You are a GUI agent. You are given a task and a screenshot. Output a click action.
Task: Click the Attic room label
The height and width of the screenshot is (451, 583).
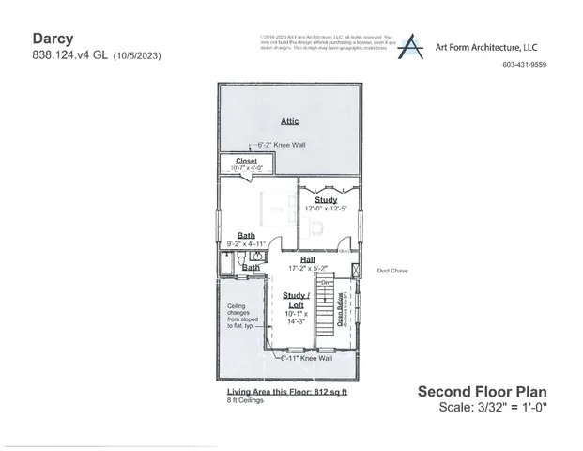pyautogui.click(x=289, y=120)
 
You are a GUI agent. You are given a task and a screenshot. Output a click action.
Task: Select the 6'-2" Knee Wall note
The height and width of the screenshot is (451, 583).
pyautogui.click(x=281, y=145)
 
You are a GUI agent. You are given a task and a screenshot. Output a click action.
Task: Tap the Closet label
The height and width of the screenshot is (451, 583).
pyautogui.click(x=246, y=161)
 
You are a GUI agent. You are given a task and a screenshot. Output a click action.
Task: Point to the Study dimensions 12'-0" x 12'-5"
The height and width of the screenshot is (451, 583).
pyautogui.click(x=325, y=208)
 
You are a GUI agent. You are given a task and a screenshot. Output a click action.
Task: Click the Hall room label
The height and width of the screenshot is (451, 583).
pyautogui.click(x=307, y=259)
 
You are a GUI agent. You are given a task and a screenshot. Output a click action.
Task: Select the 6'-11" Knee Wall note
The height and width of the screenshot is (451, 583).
pyautogui.click(x=306, y=358)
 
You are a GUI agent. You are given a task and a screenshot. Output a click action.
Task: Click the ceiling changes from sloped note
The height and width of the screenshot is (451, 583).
pyautogui.click(x=242, y=318)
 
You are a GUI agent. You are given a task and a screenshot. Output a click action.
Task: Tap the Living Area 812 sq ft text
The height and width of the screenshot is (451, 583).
pyautogui.click(x=286, y=391)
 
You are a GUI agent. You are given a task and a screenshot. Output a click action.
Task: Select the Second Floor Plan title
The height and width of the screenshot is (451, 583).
pyautogui.click(x=481, y=391)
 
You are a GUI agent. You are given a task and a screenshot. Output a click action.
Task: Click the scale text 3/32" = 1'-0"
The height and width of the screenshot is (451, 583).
pyautogui.click(x=492, y=406)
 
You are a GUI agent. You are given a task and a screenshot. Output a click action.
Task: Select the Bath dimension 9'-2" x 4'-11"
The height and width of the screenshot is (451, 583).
pyautogui.click(x=246, y=243)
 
